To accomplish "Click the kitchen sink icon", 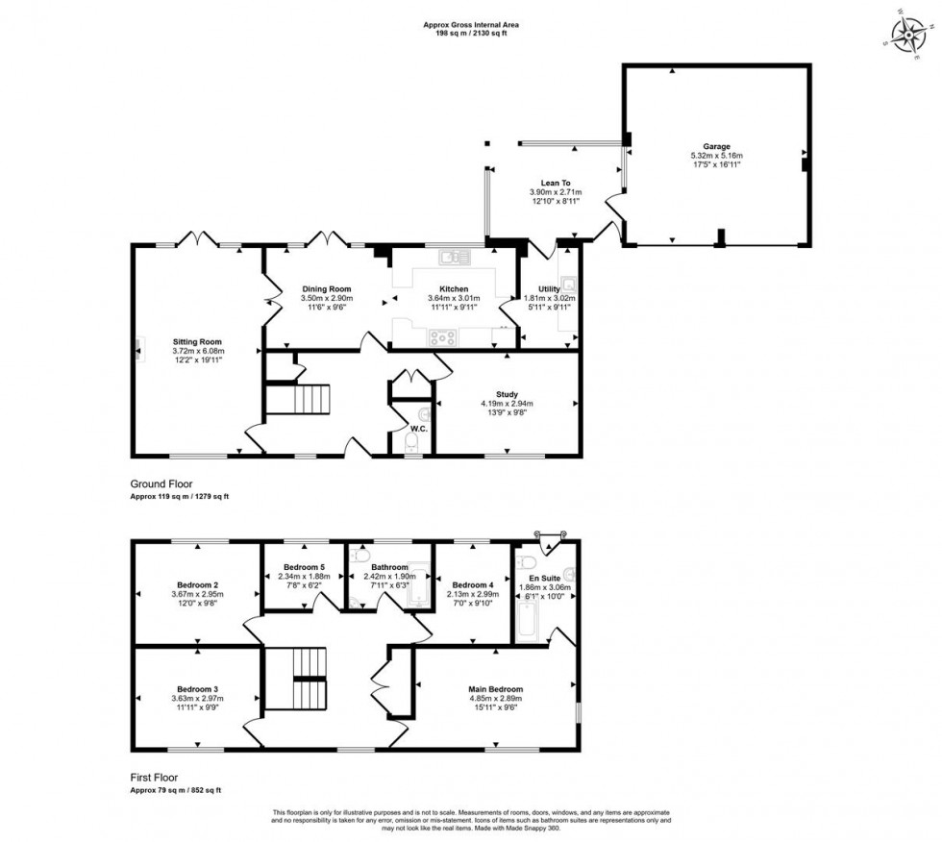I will (x=452, y=256).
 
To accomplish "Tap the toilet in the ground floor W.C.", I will (x=412, y=442).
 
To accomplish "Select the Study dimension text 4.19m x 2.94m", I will (x=508, y=404).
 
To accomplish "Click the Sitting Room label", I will (x=197, y=341).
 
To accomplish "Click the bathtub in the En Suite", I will (x=528, y=615).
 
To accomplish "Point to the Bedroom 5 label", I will (x=305, y=566).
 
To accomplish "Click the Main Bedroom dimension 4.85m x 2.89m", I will (x=495, y=700).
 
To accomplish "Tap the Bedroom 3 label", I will (x=196, y=689).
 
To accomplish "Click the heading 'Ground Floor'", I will (x=162, y=483).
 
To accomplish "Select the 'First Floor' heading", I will (x=155, y=778).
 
